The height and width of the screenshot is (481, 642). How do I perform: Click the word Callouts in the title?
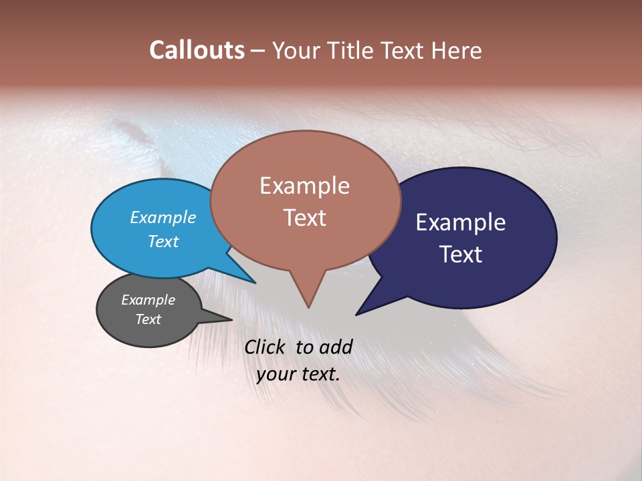[x=197, y=50]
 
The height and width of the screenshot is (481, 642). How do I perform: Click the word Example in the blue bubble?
[x=163, y=217]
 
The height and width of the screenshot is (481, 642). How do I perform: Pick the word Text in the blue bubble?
[x=163, y=241]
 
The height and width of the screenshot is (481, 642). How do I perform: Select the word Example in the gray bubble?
[x=148, y=300]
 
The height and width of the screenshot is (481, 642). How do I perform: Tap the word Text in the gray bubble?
[x=148, y=319]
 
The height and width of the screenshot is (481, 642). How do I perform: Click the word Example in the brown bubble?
[x=305, y=186]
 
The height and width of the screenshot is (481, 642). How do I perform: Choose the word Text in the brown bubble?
[x=305, y=218]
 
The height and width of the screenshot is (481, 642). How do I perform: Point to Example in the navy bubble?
[x=461, y=222]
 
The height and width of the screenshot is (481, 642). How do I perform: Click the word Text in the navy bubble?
[x=461, y=254]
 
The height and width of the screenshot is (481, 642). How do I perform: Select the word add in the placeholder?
[x=336, y=347]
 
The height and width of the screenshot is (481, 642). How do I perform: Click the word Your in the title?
[x=296, y=50]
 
